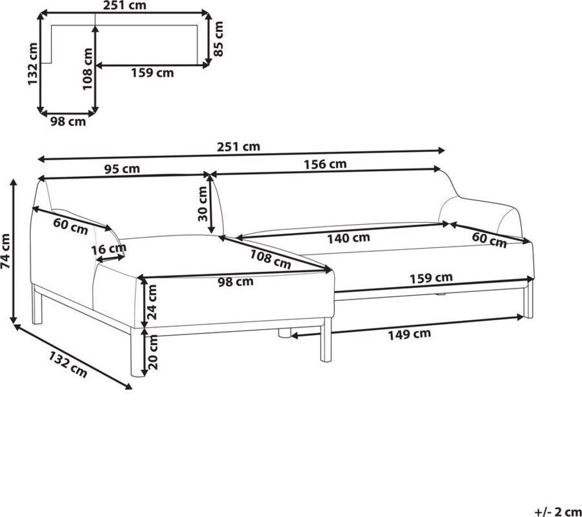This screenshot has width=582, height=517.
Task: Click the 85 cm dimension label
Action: click(219, 39)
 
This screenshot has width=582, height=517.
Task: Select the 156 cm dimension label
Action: click(325, 164)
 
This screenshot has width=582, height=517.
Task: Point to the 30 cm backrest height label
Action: click(203, 204)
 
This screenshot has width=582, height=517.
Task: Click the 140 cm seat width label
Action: click(348, 238)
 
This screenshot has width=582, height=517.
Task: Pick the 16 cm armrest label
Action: click(109, 249)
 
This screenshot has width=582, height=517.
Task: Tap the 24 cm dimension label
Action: click(152, 303)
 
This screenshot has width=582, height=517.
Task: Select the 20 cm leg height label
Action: click(152, 352)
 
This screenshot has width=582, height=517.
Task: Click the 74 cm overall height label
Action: click(6, 251)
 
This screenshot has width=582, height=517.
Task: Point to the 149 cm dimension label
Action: click(409, 334)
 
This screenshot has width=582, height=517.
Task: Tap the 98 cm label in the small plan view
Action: click(68, 122)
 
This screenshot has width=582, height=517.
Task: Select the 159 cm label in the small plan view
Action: click(152, 73)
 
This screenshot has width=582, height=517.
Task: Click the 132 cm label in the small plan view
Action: click(32, 64)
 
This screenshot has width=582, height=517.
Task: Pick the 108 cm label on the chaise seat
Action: click(270, 259)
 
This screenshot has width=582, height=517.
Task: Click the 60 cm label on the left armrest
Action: click(70, 226)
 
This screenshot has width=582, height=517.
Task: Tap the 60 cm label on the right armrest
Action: click(489, 240)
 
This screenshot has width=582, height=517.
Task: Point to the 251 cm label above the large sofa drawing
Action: click(238, 147)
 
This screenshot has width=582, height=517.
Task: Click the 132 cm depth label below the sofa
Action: click(68, 365)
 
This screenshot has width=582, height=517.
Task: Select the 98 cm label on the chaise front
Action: click(235, 282)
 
